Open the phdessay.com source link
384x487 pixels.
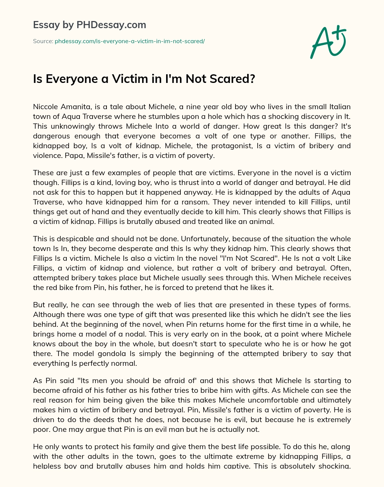point(130,41)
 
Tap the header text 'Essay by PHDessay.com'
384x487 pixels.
point(89,25)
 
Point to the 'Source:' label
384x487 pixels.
point(43,41)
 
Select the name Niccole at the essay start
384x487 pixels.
point(45,107)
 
